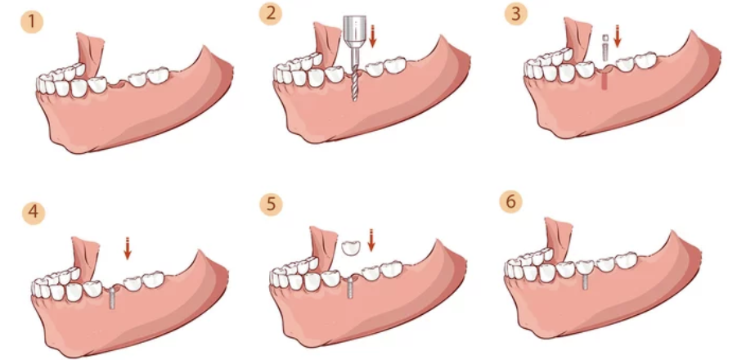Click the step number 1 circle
point(31,22)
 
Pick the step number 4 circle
point(31,213)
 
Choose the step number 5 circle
point(270,203)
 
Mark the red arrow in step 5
point(371,241)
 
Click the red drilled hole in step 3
point(604,80)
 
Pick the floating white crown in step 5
point(351,246)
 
